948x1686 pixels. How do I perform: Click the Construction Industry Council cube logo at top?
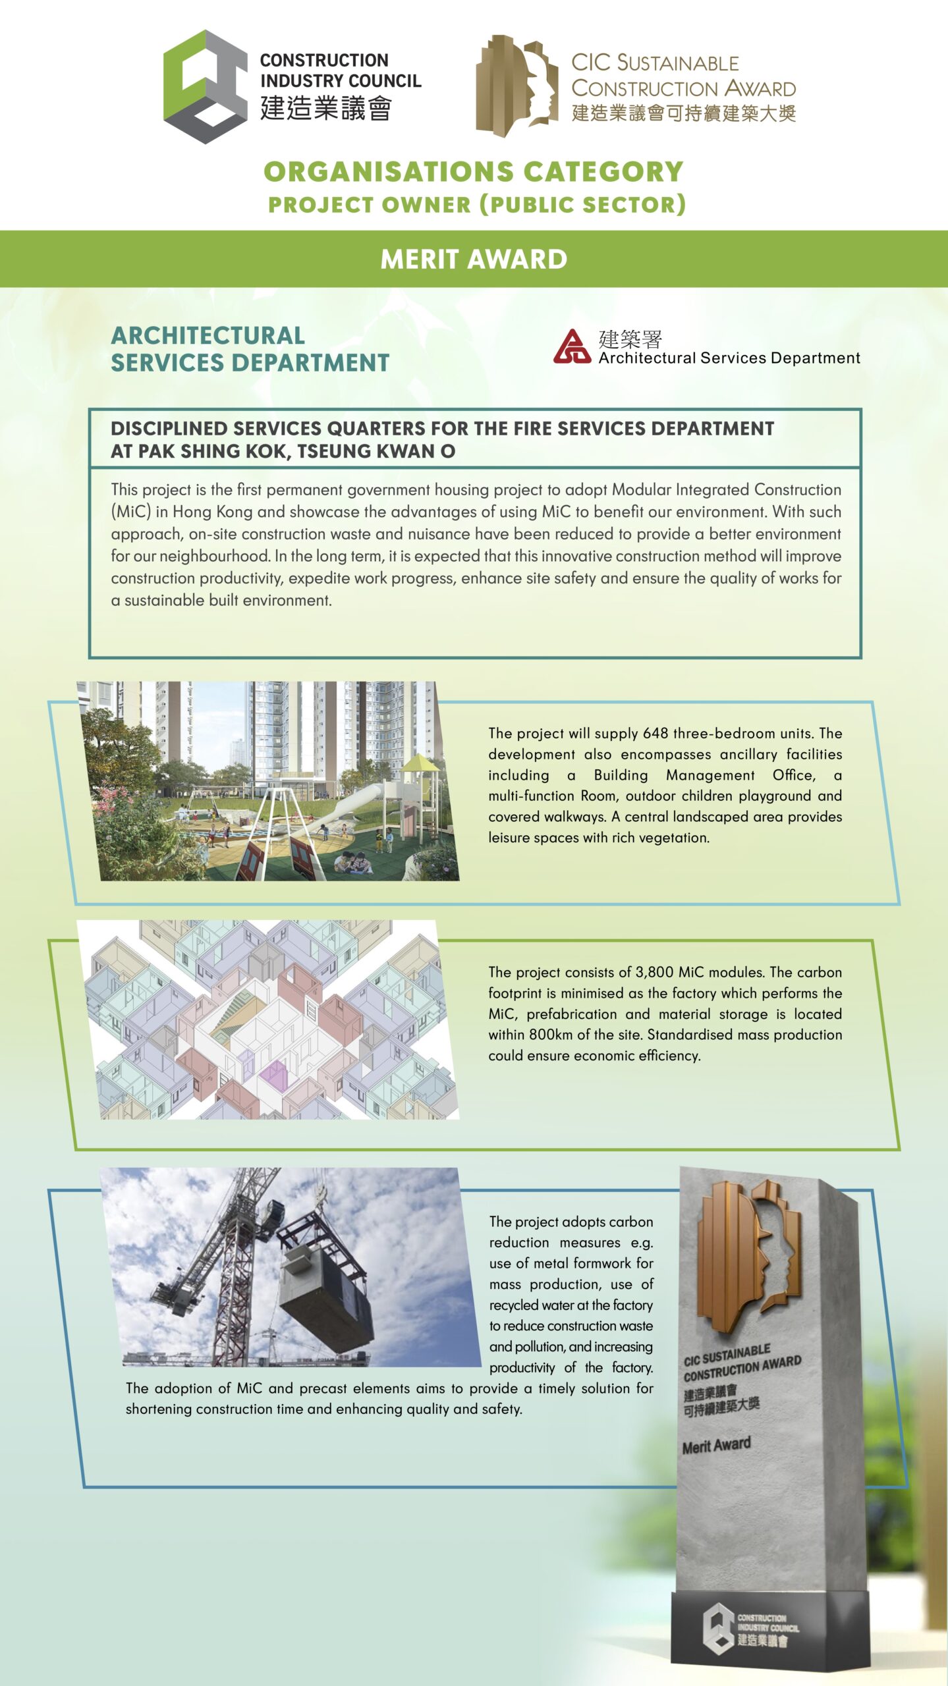pyautogui.click(x=205, y=86)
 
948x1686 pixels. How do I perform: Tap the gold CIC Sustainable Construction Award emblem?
pyautogui.click(x=516, y=86)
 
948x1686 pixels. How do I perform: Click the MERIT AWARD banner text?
pyautogui.click(x=474, y=259)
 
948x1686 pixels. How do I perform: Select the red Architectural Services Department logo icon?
pyautogui.click(x=572, y=346)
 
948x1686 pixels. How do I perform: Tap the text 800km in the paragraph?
pyautogui.click(x=551, y=1035)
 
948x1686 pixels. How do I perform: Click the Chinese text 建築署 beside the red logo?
pyautogui.click(x=630, y=339)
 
